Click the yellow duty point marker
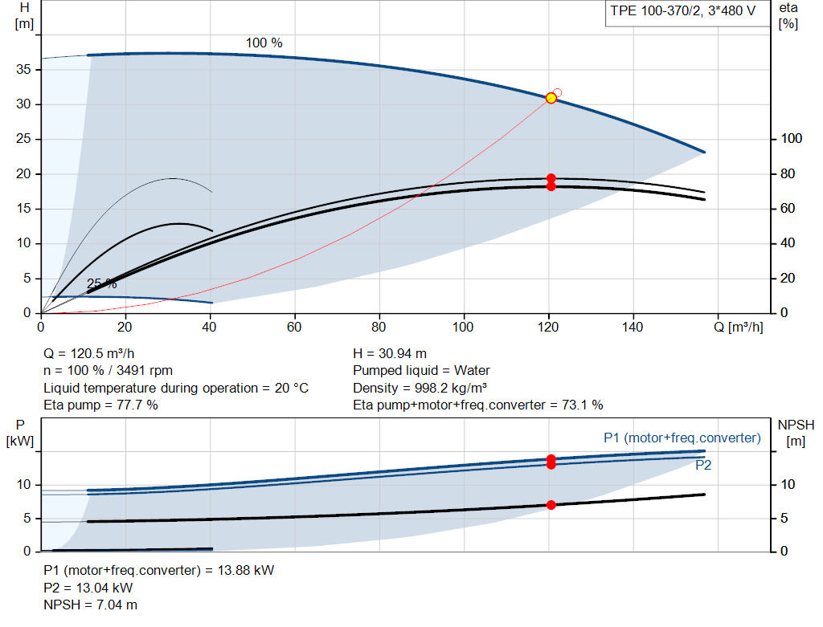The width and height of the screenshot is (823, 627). pos(551,98)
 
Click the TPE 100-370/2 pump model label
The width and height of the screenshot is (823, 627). pos(682,11)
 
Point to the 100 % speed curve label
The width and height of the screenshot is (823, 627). pos(264,43)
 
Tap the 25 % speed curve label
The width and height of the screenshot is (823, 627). pos(102,283)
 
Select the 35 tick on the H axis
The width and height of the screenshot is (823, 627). pos(23,69)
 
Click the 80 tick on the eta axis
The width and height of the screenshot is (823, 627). pos(788,173)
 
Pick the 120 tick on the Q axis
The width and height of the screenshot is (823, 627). pos(548,327)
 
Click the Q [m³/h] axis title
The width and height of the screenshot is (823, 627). pos(738,327)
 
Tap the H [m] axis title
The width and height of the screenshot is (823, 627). pos(24,16)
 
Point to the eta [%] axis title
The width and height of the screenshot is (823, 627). pos(788,16)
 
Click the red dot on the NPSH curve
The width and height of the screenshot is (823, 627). pos(551,505)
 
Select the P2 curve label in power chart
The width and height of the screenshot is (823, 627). pos(703,465)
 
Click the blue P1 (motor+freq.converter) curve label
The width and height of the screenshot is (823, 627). pos(682,438)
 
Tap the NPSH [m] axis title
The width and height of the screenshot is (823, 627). pos(796,433)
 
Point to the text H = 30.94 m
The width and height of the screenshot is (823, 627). pos(390,353)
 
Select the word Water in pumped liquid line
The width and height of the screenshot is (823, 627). pos(472,371)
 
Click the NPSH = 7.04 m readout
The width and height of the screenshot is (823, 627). pos(90,605)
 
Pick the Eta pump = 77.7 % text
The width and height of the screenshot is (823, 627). pos(100,405)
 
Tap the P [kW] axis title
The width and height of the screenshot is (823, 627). pos(20,433)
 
